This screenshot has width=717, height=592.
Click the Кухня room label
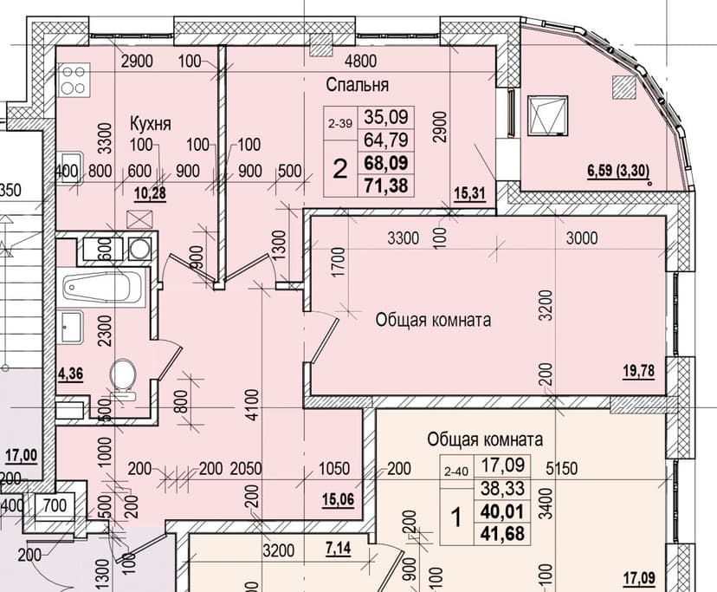coord(150,123)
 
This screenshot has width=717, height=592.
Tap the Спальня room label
coord(357,85)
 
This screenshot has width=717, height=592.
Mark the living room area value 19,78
coord(639,373)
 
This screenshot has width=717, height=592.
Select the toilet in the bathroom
coord(122,378)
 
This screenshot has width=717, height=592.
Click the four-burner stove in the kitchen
coord(73,79)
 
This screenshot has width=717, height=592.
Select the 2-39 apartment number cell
coord(340,124)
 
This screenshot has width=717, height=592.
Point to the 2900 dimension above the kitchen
coord(138,62)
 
